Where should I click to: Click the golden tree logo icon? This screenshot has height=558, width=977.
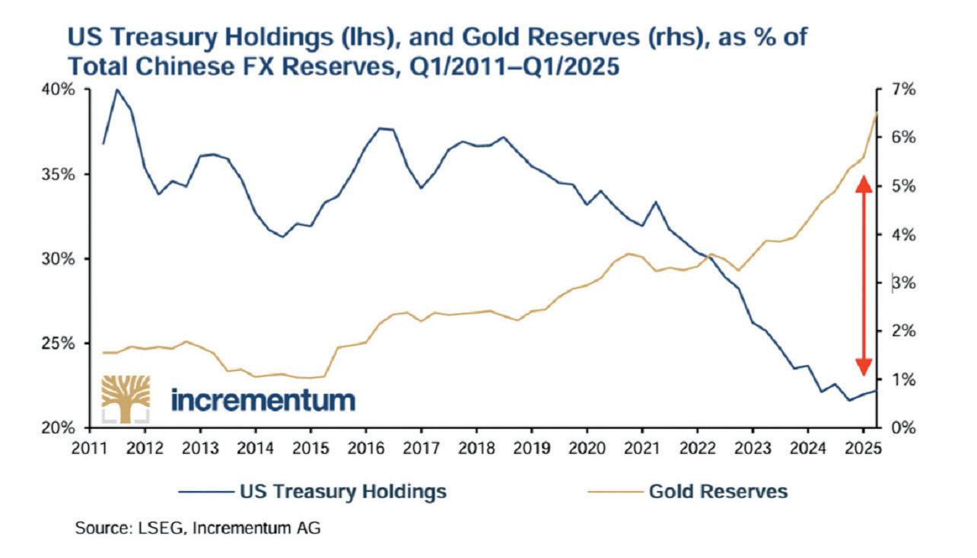tap(126, 398)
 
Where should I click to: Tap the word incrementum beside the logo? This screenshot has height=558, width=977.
tap(263, 399)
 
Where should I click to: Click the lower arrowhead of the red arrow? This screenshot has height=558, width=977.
tap(863, 369)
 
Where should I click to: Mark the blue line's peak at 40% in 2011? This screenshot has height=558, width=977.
tap(117, 90)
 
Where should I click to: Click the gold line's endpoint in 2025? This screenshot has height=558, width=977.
tap(877, 113)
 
